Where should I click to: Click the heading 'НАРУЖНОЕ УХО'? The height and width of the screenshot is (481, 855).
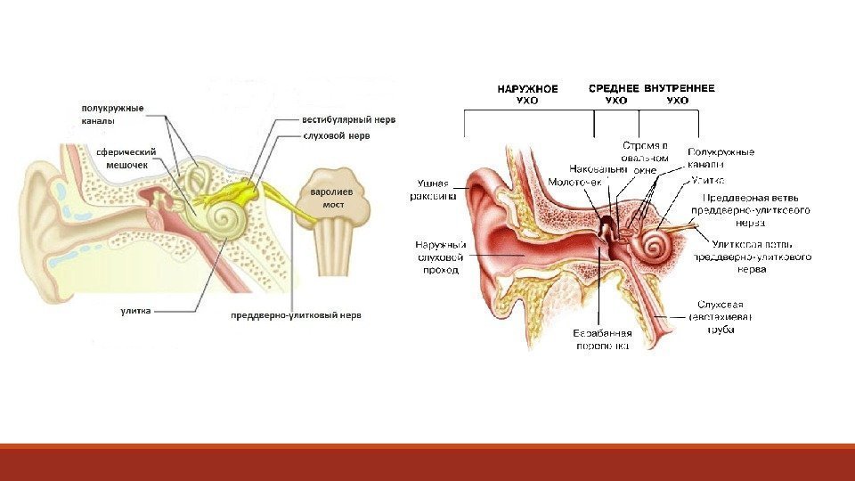(x=527, y=94)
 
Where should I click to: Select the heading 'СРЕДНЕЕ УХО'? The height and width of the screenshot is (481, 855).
(x=615, y=94)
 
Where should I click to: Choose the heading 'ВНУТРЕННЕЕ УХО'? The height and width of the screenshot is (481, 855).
(x=679, y=94)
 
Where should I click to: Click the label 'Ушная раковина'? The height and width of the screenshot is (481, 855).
(x=433, y=190)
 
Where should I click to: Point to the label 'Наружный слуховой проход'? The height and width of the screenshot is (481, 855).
(x=441, y=257)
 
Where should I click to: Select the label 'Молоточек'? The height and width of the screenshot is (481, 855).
(x=574, y=182)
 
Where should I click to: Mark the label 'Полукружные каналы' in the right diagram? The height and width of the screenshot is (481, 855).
(x=721, y=158)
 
